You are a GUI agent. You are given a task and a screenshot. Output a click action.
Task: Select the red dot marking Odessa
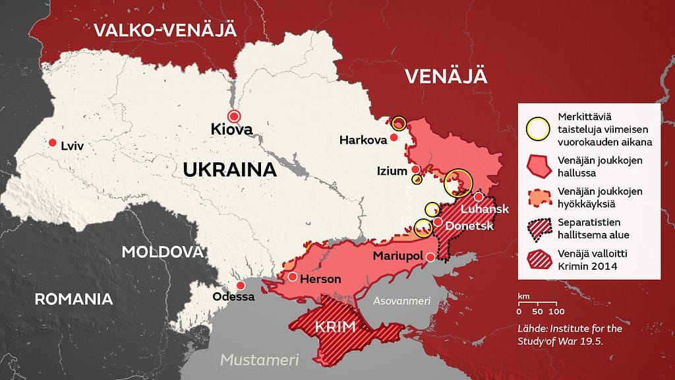[241, 286]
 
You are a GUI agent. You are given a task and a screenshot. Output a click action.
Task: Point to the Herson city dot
[292, 276]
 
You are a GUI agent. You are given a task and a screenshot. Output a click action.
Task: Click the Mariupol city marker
[430, 257]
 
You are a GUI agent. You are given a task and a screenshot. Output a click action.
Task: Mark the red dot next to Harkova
[394, 138]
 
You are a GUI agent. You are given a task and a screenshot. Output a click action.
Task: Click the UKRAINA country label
[229, 170]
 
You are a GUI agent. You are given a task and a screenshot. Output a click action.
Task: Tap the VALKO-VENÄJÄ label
[165, 30]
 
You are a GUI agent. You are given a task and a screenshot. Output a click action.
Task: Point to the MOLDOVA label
[162, 252]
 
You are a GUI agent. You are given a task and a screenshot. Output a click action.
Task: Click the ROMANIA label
[73, 299]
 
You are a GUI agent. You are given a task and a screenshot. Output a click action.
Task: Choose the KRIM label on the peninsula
[336, 327]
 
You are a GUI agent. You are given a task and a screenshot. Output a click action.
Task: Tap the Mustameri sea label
[259, 360]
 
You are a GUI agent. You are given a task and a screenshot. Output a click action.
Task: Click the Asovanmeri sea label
[401, 301]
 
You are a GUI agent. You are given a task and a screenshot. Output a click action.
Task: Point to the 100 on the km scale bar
[556, 311]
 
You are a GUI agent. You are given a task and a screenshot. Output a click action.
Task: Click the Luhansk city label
[485, 210]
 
